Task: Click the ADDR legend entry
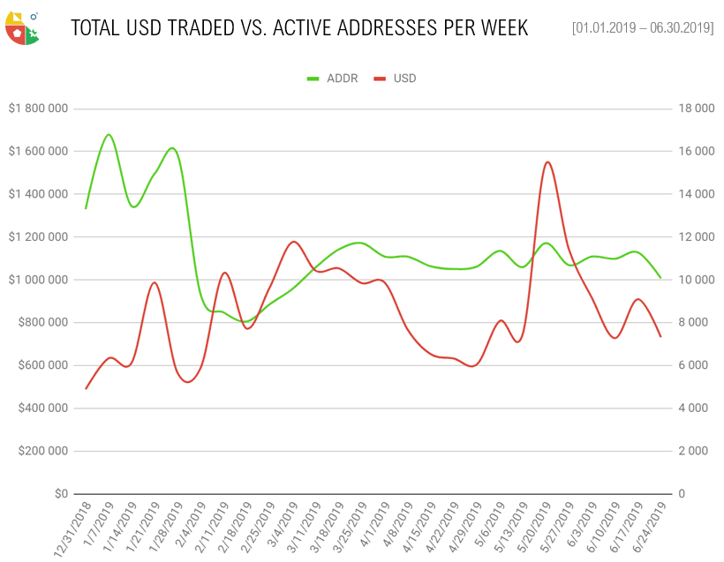[342, 79]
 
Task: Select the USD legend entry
[404, 79]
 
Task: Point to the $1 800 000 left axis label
[38, 109]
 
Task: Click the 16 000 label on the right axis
[697, 152]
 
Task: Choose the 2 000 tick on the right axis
[699, 451]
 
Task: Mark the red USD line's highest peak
[547, 162]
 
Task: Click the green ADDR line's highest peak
[109, 135]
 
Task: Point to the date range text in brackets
[643, 28]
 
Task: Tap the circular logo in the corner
[21, 28]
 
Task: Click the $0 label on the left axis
[60, 494]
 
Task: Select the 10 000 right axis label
[697, 280]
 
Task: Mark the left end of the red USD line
[86, 388]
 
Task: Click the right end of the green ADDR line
[660, 278]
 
